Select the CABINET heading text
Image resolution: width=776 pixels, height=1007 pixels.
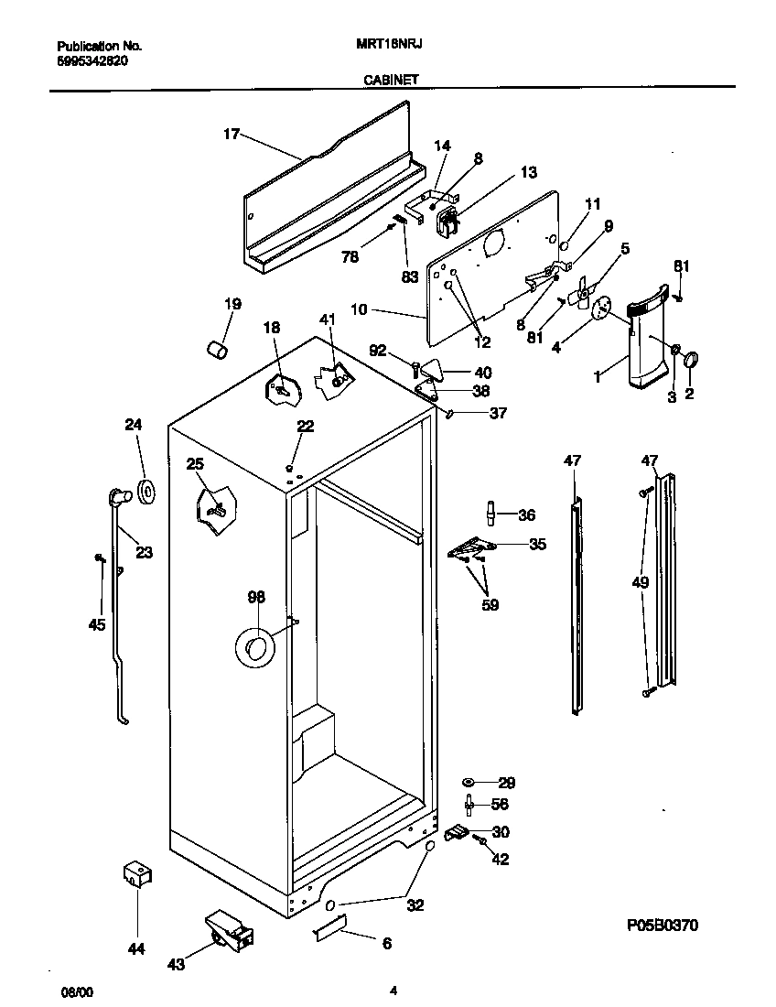pos(391,80)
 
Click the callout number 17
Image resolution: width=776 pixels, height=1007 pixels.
pos(231,135)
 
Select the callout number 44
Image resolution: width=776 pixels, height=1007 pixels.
pos(135,949)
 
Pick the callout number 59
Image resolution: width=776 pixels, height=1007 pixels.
pos(490,605)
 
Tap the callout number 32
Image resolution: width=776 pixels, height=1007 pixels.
pos(415,906)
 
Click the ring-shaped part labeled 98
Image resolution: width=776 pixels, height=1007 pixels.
pos(254,646)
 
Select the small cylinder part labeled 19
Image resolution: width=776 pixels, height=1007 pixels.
pos(217,350)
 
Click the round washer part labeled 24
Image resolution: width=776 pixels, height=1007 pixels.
pos(146,493)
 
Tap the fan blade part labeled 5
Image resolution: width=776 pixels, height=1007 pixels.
pos(580,295)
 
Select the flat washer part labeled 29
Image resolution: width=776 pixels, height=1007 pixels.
pos(469,783)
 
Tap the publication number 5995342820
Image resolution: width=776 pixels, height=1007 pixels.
pos(92,61)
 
